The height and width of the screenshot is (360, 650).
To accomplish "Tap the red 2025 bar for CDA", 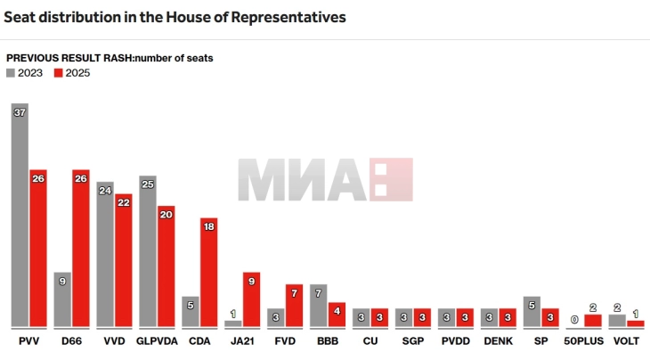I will coord(208,272).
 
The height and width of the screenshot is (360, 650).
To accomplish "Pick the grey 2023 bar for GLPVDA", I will coord(148,251).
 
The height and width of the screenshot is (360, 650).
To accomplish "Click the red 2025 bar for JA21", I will coord(251,299).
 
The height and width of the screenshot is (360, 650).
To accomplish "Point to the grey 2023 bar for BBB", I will coord(318,306).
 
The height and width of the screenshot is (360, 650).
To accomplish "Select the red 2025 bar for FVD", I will coord(294,306).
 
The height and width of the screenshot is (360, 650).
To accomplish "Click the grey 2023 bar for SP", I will coord(532,311).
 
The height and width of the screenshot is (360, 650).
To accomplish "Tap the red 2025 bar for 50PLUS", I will coord(593,320).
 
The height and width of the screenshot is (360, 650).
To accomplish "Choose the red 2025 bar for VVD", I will coord(123,260).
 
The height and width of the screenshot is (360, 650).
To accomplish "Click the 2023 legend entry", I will coord(25,73).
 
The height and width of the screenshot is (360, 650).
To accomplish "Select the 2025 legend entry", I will coord(72,73).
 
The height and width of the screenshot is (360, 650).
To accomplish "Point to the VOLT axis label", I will coord(626,341).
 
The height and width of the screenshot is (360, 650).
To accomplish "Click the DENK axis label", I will coord(498,341).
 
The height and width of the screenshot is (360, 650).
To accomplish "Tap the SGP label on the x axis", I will coord(412,341).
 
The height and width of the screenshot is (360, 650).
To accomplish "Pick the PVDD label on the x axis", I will coord(455,341).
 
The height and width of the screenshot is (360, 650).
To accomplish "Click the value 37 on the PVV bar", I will coord(20,111).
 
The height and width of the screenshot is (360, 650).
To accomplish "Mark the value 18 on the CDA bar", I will coord(208,227).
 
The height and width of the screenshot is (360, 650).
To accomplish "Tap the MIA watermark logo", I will coord(325,179).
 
